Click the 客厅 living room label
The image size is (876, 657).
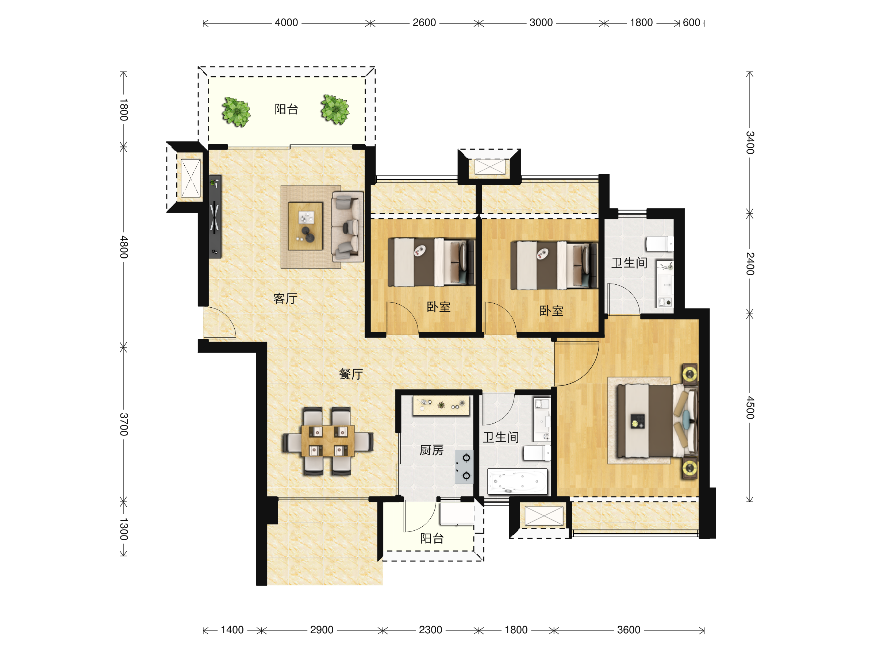[x=285, y=299]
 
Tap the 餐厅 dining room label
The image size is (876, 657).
[x=351, y=374]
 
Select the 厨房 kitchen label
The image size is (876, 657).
[x=431, y=450]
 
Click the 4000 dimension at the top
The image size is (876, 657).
[x=286, y=23]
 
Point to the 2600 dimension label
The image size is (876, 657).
[x=424, y=23]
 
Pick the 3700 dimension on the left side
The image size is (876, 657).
[x=124, y=424]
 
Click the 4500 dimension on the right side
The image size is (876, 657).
[x=750, y=407]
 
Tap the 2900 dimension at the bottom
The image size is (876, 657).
[x=322, y=630]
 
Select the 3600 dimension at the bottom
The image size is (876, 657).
[x=629, y=630]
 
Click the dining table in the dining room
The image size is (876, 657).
[x=328, y=441]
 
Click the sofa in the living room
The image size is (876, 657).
[x=347, y=227]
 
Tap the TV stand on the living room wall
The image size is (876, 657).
[x=215, y=216]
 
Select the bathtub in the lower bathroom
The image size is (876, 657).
[x=517, y=481]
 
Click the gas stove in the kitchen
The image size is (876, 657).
[x=464, y=467]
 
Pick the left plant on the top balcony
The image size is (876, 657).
[x=237, y=112]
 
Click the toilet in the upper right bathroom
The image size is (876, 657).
[x=660, y=243]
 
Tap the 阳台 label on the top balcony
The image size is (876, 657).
[x=286, y=109]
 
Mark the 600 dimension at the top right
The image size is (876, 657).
[x=691, y=23]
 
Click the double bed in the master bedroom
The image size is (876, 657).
[x=657, y=420]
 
